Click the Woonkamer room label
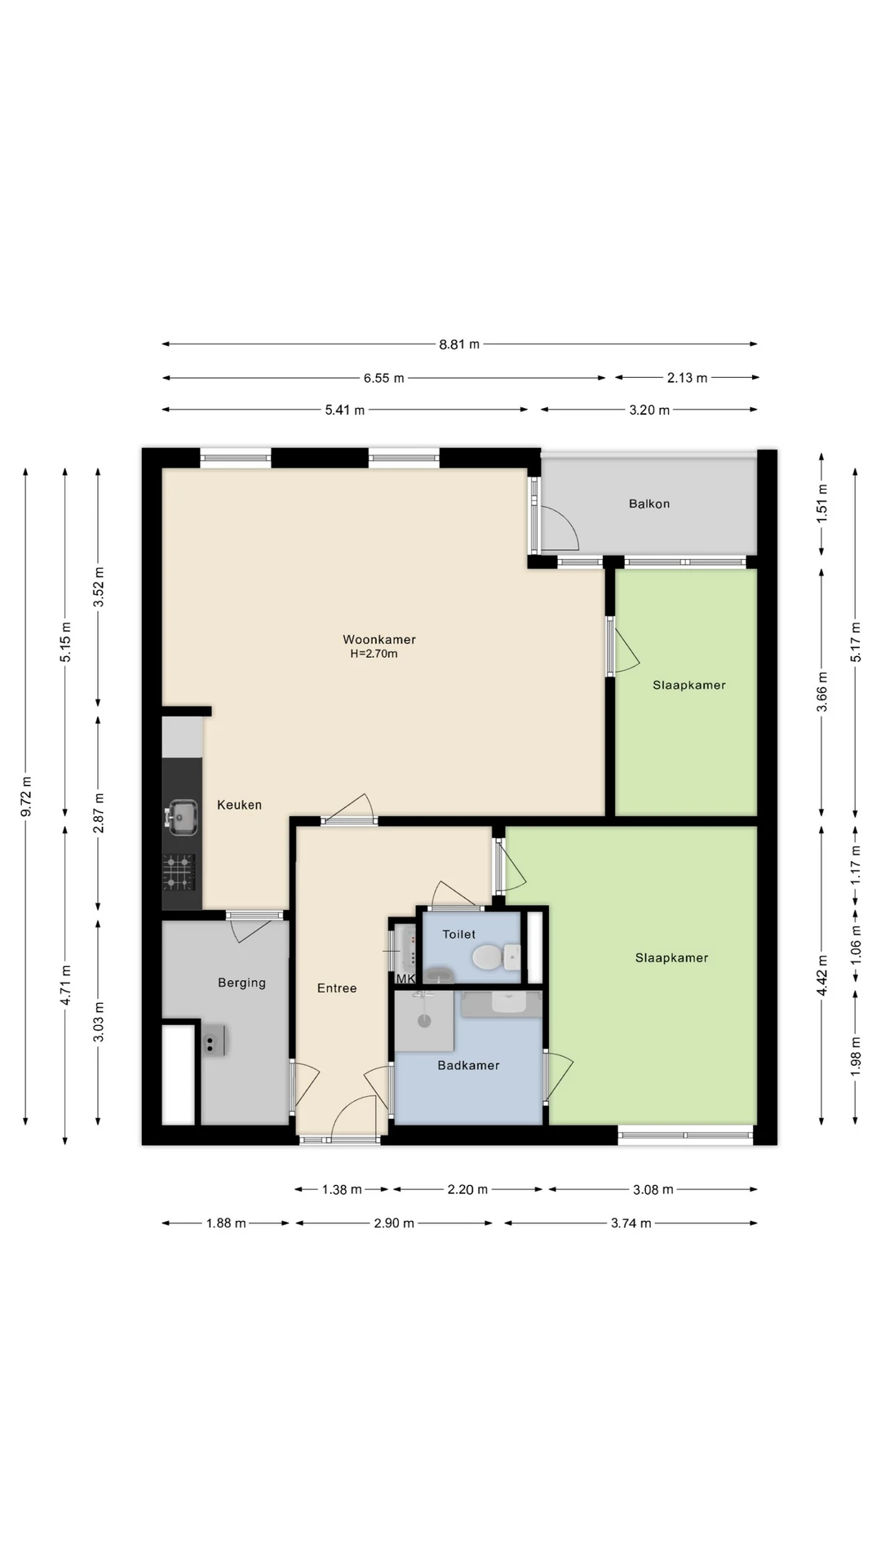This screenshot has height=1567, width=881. [x=379, y=640]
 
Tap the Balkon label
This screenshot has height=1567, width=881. [x=649, y=504]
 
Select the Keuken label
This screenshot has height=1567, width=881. [x=240, y=805]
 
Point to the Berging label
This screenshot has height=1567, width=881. [x=241, y=983]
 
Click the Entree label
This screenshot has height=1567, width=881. [x=337, y=988]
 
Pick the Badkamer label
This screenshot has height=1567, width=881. [x=468, y=1065]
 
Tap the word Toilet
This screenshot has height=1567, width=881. [x=459, y=934]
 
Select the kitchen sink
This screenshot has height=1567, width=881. [x=182, y=815]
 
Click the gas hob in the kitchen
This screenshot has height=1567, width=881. [x=179, y=872]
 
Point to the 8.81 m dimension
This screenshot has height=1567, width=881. [x=459, y=344]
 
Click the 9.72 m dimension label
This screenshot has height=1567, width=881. [x=26, y=797]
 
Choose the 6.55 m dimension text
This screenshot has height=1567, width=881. [x=384, y=378]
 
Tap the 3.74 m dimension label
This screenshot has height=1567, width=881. [x=631, y=1223]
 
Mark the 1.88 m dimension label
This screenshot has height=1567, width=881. [x=226, y=1223]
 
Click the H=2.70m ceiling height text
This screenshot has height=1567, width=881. [x=374, y=654]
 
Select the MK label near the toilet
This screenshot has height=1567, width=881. [x=405, y=979]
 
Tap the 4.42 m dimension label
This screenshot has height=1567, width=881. [x=822, y=975]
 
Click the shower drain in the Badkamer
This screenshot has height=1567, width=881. [x=423, y=1020]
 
